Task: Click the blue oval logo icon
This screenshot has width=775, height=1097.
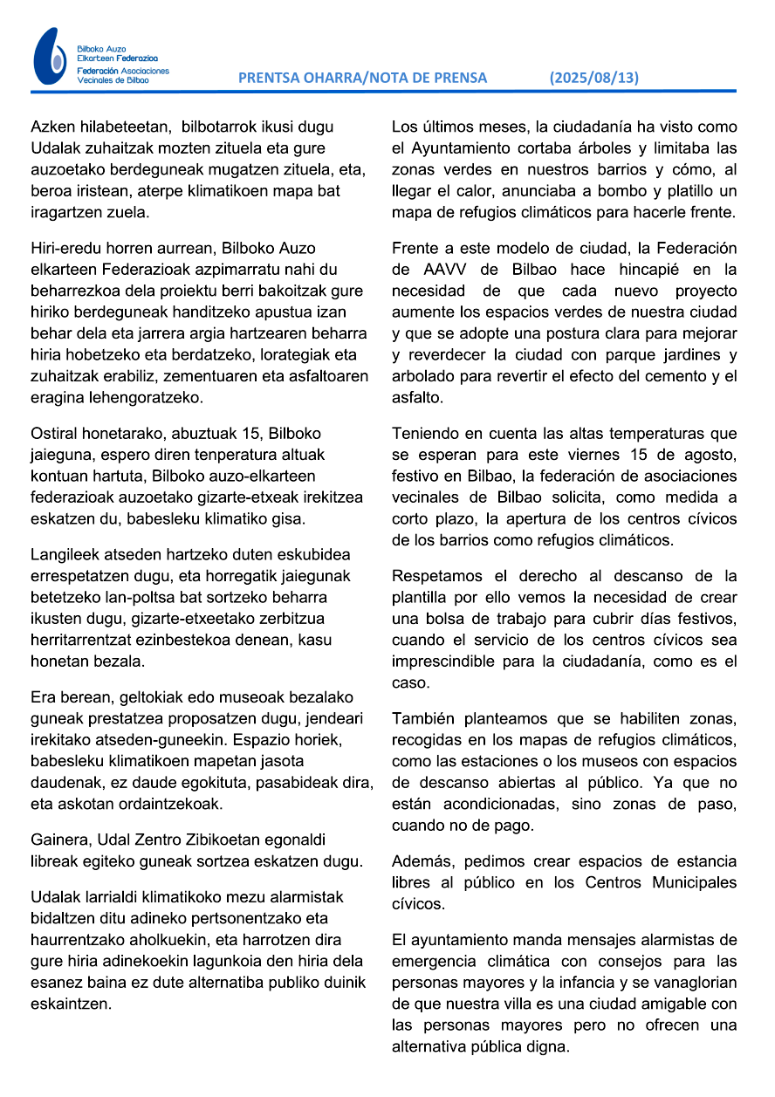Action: (x=50, y=56)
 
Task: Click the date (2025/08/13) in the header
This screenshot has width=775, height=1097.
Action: (x=593, y=78)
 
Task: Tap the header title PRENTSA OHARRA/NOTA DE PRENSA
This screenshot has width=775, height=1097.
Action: (x=362, y=78)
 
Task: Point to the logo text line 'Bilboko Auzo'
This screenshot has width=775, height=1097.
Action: (x=101, y=50)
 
